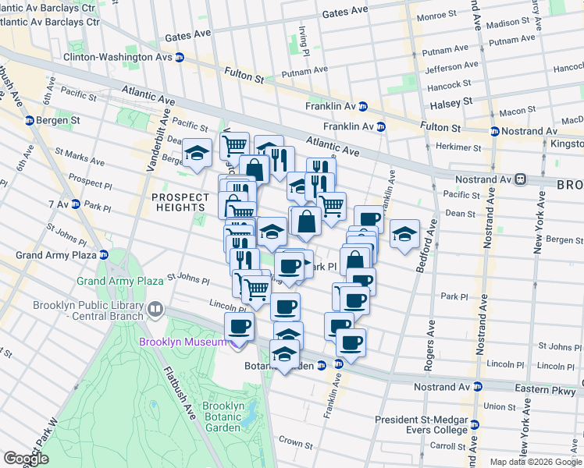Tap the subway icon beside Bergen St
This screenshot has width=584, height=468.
coord(29,121)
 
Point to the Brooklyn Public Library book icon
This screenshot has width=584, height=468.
coord(155,310)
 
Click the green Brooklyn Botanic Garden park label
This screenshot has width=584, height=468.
coord(223,417)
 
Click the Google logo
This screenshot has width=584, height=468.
coord(26,459)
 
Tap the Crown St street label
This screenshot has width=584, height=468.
coord(296,443)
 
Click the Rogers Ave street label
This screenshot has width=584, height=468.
coord(431,331)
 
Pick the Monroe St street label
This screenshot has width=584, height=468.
coord(436,15)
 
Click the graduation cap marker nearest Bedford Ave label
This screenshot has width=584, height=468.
coord(404,233)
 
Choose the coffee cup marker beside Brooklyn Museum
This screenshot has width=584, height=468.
coord(239,327)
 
